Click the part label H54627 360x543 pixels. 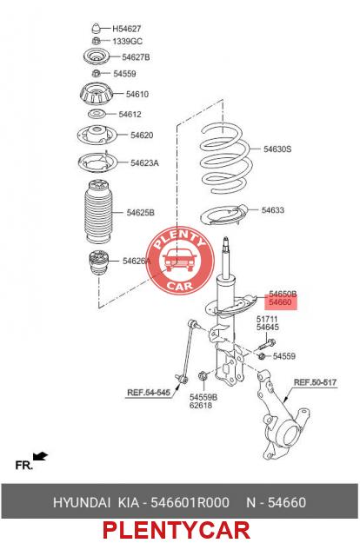pyautogui.click(x=126, y=29)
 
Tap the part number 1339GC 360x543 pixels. pyautogui.click(x=127, y=41)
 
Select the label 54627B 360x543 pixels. pyautogui.click(x=136, y=57)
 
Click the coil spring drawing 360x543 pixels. pyautogui.click(x=224, y=158)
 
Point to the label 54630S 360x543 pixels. pyautogui.click(x=277, y=149)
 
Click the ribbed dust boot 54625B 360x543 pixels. pyautogui.click(x=99, y=211)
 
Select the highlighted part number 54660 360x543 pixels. pyautogui.click(x=280, y=302)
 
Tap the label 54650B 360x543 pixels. pyautogui.click(x=283, y=294)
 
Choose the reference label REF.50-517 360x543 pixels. pyautogui.click(x=315, y=382)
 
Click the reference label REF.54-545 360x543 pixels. pyautogui.click(x=149, y=393)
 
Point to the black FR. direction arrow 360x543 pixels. pyautogui.click(x=40, y=456)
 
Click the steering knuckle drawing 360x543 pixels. pyautogui.click(x=282, y=416)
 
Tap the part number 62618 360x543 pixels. pyautogui.click(x=201, y=405)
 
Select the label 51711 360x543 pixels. pyautogui.click(x=267, y=319)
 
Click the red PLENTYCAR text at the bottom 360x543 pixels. pyautogui.click(x=177, y=530)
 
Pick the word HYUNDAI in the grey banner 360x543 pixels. pyautogui.click(x=82, y=502)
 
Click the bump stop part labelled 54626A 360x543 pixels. pyautogui.click(x=99, y=262)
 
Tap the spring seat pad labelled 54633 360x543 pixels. pyautogui.click(x=224, y=215)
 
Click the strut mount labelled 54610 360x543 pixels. pyautogui.click(x=96, y=94)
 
